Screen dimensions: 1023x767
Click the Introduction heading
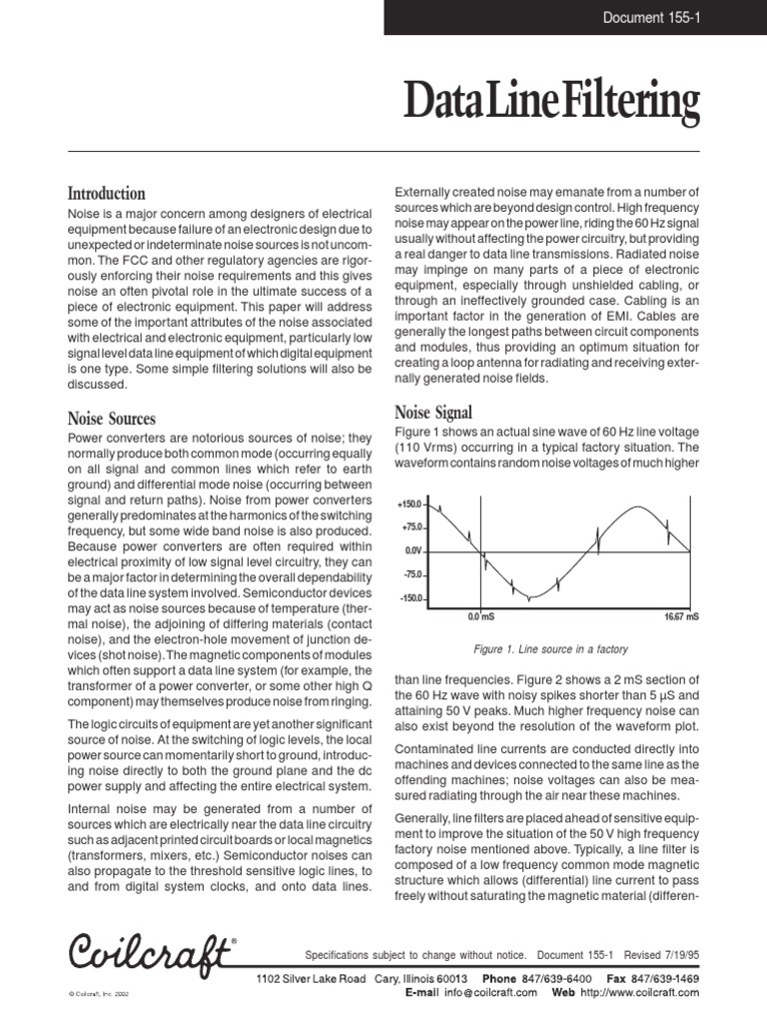pos(106,193)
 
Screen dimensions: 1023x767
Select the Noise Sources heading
pos(111,419)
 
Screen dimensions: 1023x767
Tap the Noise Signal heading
pos(433,411)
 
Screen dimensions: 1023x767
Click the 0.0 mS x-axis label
pos(481,618)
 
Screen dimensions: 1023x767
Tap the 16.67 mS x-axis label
pos(681,618)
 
